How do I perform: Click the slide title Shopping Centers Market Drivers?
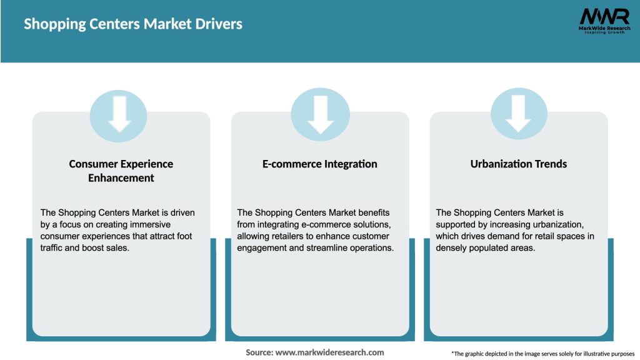point(133,24)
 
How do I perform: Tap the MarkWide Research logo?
point(604,21)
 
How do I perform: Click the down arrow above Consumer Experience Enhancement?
point(119,114)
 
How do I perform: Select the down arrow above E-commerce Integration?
point(321,115)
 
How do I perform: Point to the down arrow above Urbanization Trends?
point(518,114)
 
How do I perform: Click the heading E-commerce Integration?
point(319,164)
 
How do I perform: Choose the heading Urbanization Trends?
point(518,164)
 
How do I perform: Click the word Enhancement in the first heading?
point(121,178)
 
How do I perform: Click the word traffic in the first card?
point(51,247)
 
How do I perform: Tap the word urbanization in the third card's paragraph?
point(557,224)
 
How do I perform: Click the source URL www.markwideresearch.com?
point(330,352)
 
